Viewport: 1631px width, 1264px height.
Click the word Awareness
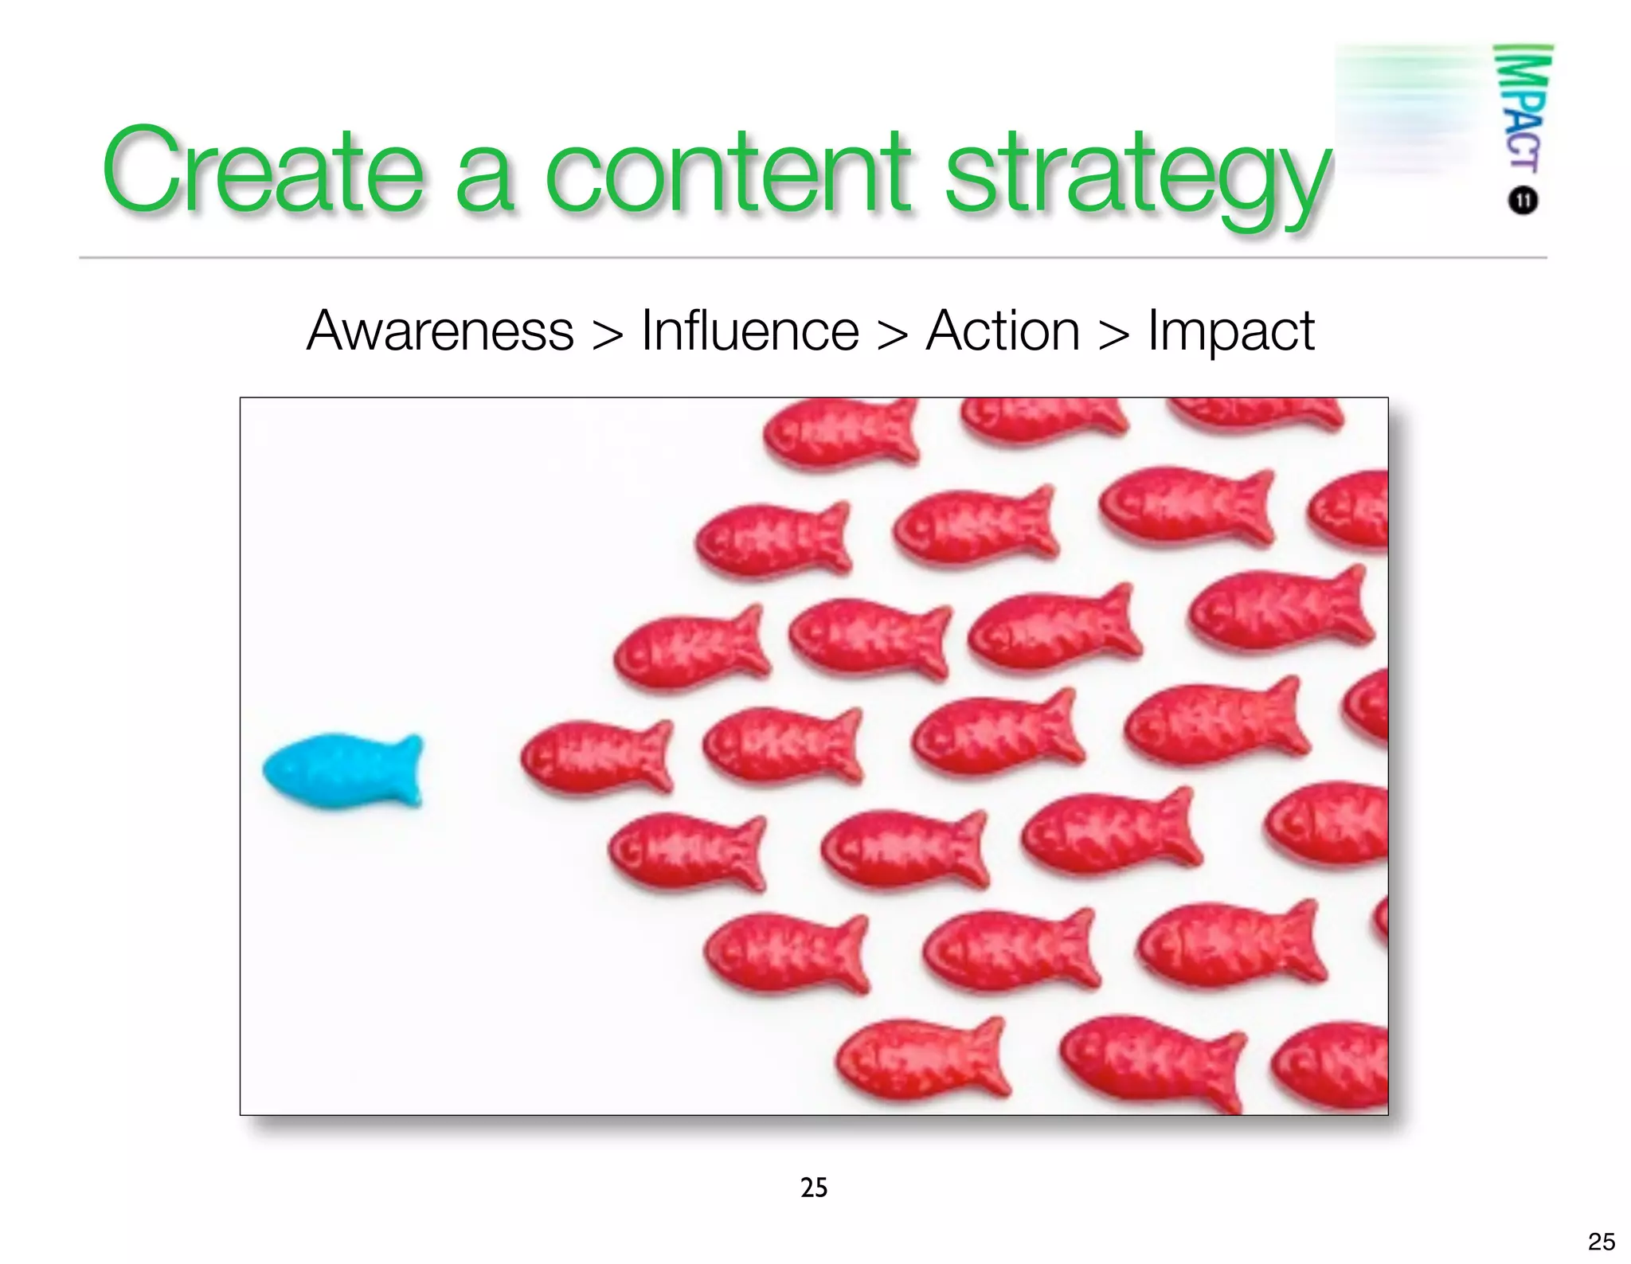click(x=440, y=331)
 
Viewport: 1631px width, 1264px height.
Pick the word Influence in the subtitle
click(x=749, y=331)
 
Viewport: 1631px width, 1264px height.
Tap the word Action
click(x=1003, y=331)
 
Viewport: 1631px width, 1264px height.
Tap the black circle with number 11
click(x=1523, y=200)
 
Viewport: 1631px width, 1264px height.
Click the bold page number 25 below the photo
click(x=814, y=1188)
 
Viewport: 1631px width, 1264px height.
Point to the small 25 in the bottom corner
click(x=1602, y=1242)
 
